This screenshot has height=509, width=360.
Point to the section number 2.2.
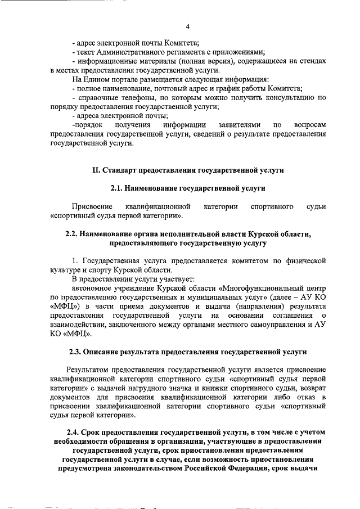point(74,233)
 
